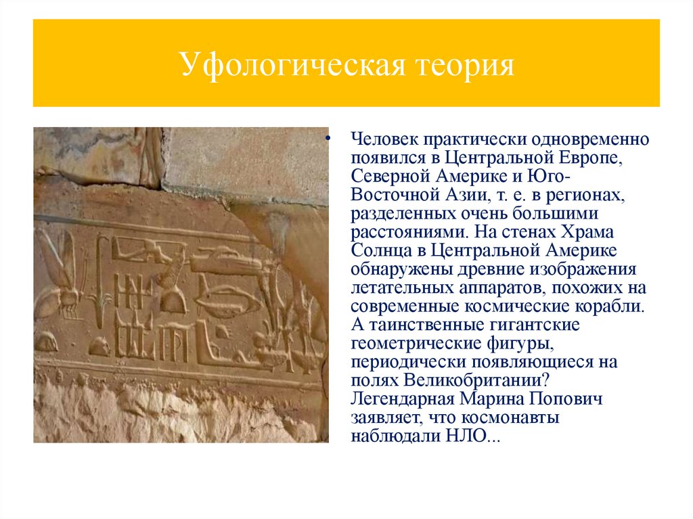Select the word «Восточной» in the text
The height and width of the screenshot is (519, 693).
coord(390,196)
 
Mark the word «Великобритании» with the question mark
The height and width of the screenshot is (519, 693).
coord(476,380)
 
